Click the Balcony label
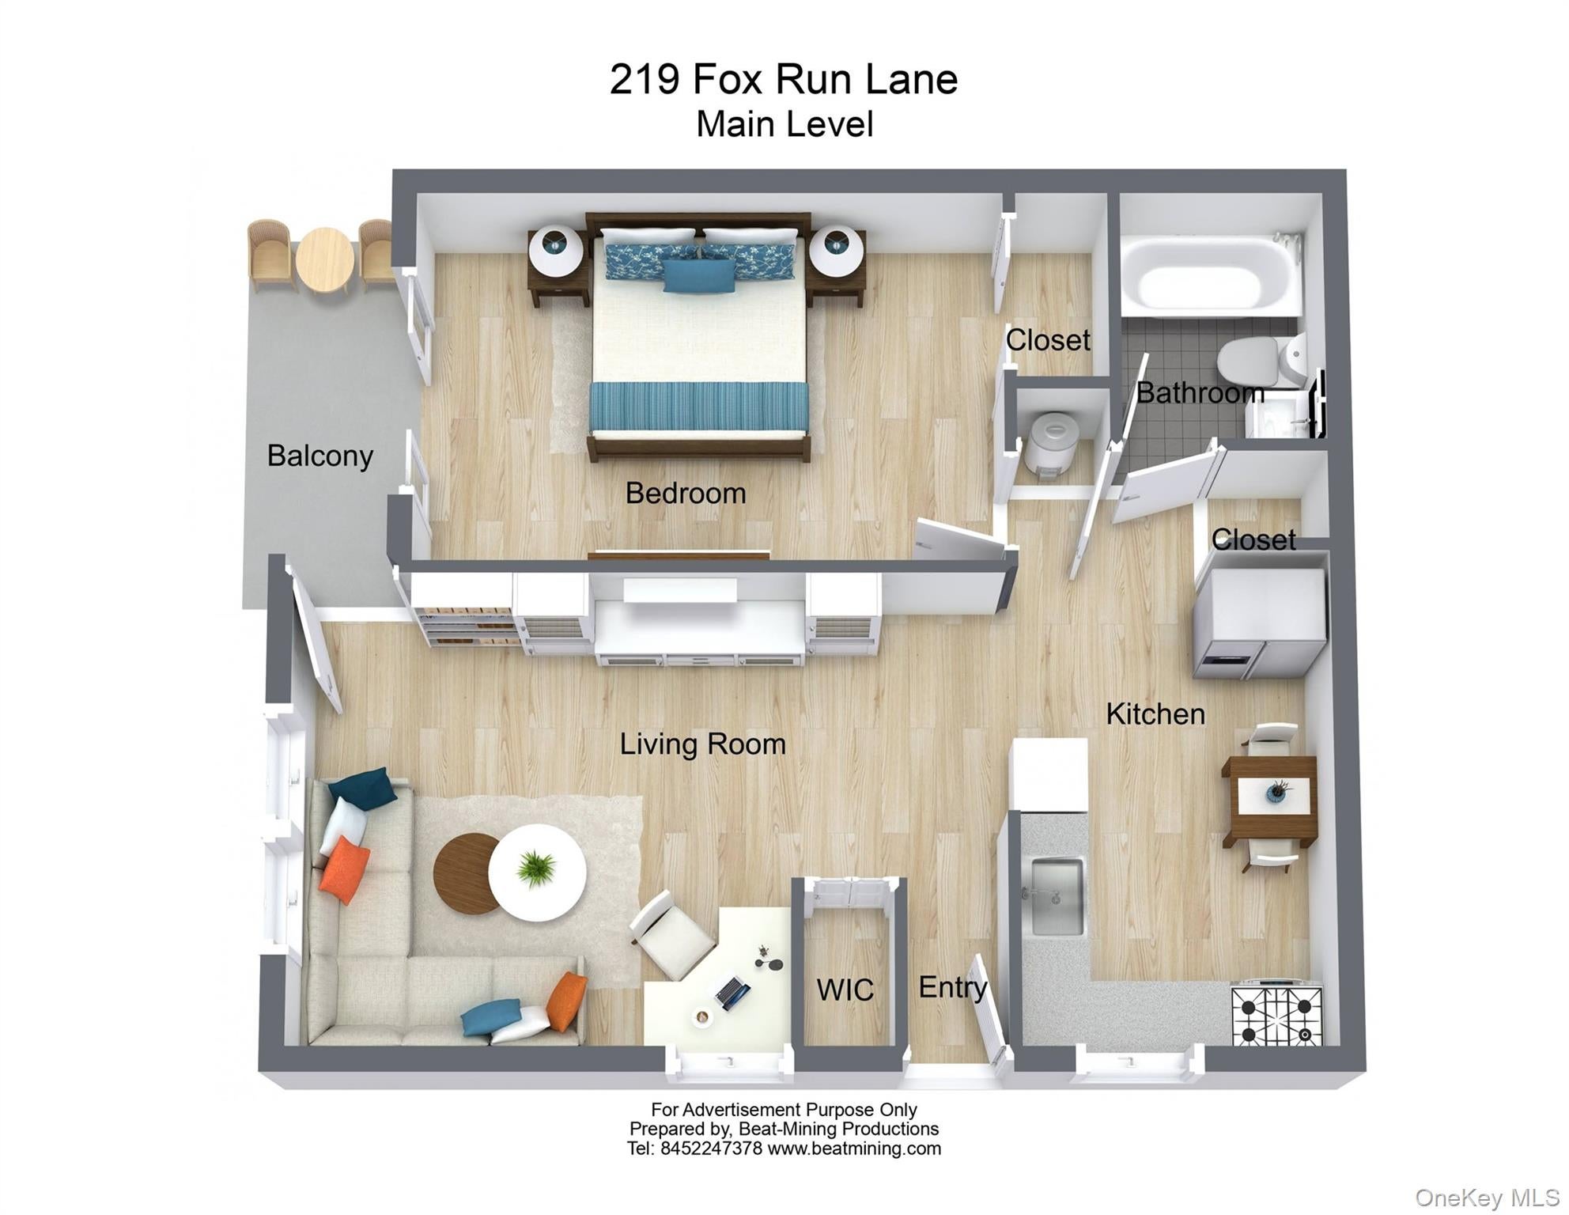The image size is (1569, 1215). click(319, 456)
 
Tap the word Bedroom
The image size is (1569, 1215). click(685, 493)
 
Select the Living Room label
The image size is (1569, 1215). click(702, 744)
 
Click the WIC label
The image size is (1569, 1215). click(845, 990)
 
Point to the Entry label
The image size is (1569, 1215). click(952, 986)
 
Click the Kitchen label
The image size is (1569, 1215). click(1155, 713)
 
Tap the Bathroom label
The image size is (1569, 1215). click(1199, 392)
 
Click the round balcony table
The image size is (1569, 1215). click(324, 259)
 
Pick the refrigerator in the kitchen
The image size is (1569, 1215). click(1259, 623)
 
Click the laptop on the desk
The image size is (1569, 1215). click(732, 993)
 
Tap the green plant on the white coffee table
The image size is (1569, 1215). click(537, 868)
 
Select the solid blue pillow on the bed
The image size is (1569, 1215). click(698, 276)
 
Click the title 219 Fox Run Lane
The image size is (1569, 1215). click(783, 79)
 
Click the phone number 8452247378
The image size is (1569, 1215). click(711, 1149)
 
